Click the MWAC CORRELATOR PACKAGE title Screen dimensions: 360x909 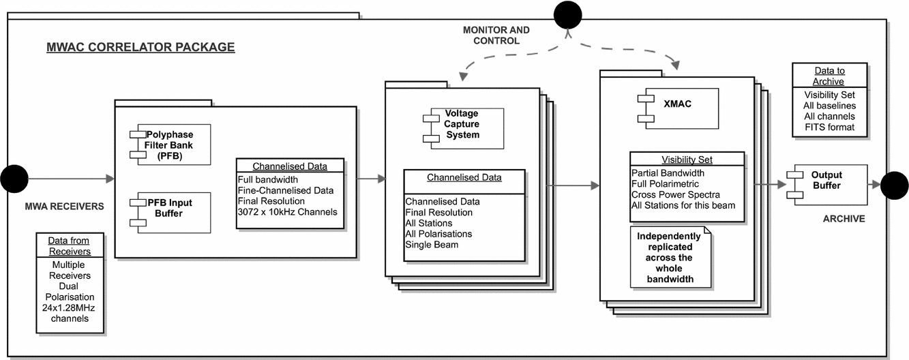[x=140, y=48]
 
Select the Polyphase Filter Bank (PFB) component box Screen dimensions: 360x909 [x=171, y=145]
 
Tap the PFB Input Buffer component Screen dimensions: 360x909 [x=171, y=213]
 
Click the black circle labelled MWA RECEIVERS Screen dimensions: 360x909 [x=13, y=179]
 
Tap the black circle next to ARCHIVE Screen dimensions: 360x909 [x=894, y=185]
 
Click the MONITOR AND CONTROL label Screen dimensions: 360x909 [x=496, y=35]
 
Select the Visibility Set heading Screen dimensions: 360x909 [x=687, y=160]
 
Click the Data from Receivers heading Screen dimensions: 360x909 [x=71, y=246]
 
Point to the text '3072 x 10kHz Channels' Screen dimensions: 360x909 [x=286, y=211]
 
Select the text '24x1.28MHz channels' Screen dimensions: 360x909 [x=71, y=313]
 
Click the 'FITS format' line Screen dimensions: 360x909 [x=829, y=127]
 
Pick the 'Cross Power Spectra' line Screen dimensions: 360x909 [x=676, y=194]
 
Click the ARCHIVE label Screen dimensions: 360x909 [x=843, y=219]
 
